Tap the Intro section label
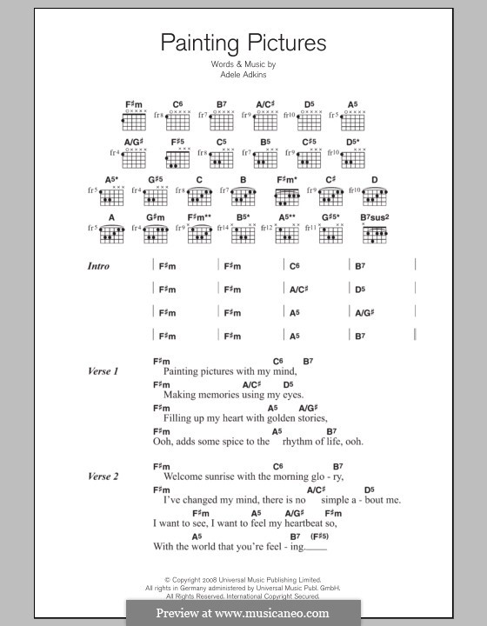pos(98,266)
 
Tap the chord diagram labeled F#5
pos(177,156)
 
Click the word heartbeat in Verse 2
pos(311,523)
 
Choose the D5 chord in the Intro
pos(360,290)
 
